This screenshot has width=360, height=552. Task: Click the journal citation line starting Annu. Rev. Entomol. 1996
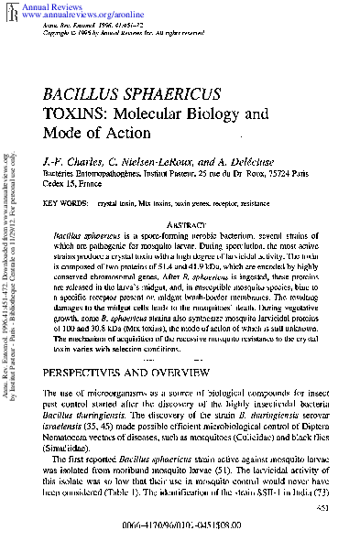click(104, 36)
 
